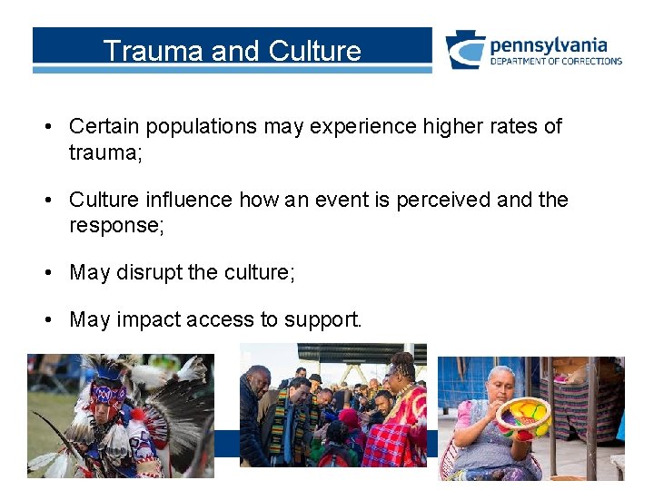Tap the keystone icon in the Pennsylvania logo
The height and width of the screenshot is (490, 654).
[464, 50]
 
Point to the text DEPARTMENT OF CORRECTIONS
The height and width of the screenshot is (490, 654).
[556, 62]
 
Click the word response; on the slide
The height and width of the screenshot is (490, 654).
[116, 225]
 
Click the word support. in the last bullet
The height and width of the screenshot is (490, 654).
[322, 320]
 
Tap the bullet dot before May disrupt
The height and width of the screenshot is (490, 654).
[46, 272]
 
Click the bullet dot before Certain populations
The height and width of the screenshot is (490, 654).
[46, 127]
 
